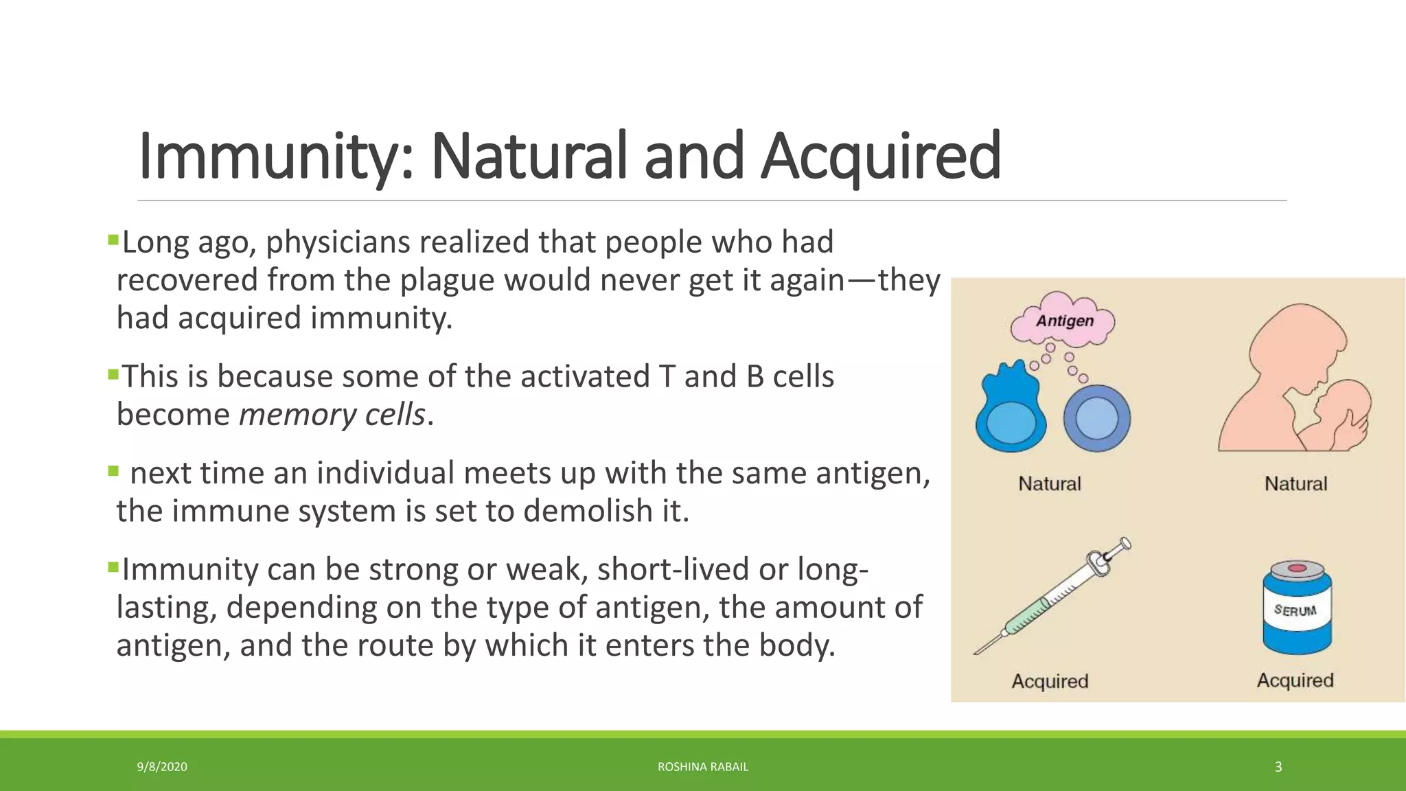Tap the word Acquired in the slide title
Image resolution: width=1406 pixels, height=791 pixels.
881,156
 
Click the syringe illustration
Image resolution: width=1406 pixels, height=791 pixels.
1052,596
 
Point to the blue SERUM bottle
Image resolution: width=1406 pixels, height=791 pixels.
1297,607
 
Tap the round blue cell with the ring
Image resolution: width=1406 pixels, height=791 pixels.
1096,418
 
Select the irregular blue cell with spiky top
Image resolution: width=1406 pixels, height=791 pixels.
1011,409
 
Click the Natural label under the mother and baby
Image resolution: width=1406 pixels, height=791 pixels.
1295,484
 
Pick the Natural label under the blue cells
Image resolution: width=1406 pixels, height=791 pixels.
1049,484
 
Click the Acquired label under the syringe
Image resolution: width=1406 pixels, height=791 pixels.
1050,681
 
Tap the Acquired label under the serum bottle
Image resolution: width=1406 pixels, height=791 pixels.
1295,680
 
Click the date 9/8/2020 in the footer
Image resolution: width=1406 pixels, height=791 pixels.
162,767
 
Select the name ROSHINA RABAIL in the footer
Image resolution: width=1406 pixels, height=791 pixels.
703,767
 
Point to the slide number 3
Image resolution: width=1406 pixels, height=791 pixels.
1278,767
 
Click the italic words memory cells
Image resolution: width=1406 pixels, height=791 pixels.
332,415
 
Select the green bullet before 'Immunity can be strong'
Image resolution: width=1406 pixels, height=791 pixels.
113,567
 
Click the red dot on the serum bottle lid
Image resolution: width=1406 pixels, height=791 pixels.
1297,569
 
